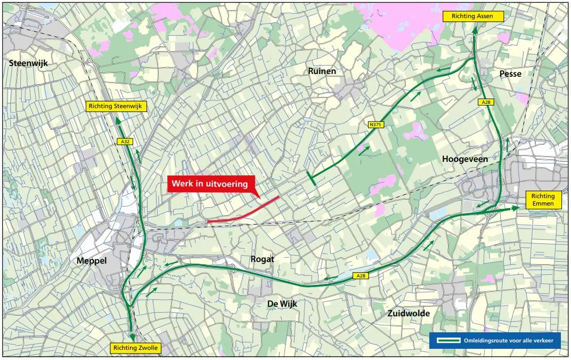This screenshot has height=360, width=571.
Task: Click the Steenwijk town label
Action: pos(28,63)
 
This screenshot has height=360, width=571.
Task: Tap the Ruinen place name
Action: pos(322,71)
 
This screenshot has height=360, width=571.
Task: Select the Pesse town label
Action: pos(510,73)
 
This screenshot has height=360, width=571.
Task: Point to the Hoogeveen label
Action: pos(464,159)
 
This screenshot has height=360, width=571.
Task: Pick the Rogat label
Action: pos(262,259)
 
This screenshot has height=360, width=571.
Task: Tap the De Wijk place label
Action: pos(282,304)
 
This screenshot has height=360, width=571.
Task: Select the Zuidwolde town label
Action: pos(409,313)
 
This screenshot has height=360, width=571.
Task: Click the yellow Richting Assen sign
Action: pos(472,17)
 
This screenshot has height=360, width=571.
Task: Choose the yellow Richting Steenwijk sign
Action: pos(116,107)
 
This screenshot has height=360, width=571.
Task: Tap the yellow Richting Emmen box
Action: pos(543,200)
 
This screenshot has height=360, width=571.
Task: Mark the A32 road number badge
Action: pos(124,142)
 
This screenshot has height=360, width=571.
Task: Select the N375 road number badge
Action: pos(376,125)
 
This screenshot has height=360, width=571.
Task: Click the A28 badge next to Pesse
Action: pos(485,102)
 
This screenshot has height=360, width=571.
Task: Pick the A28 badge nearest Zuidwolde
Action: pos(361,275)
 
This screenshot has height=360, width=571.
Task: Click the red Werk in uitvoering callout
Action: pos(210,184)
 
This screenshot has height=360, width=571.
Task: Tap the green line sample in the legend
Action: pos(448,340)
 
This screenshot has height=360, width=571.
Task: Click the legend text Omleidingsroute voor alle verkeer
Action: pos(508,340)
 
